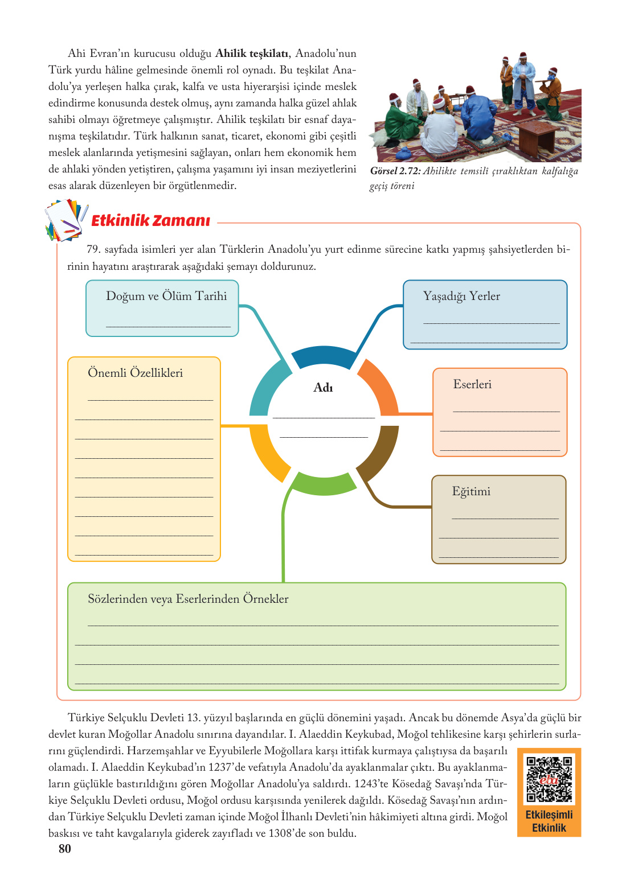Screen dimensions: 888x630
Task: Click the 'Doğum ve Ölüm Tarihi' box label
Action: tap(166, 296)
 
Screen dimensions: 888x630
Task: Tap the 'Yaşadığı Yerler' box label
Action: tap(461, 296)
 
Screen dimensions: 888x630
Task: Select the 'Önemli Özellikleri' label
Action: tap(135, 373)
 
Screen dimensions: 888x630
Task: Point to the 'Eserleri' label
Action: tap(472, 384)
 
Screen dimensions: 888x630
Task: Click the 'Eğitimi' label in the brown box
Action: tap(471, 491)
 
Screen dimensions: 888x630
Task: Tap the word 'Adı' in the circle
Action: tap(323, 388)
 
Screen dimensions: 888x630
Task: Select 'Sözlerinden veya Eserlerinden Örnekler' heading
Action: tap(188, 599)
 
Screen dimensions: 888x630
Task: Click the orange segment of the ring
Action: tap(381, 385)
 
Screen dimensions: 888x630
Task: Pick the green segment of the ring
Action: tap(324, 484)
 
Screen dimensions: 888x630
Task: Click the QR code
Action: tap(549, 779)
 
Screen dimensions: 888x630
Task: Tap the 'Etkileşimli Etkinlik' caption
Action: tap(549, 821)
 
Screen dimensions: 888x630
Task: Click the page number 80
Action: tap(65, 849)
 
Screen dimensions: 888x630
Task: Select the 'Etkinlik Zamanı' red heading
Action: tap(151, 221)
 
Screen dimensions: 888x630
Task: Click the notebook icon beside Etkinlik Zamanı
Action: tap(66, 220)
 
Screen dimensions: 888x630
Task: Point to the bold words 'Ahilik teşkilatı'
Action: tap(253, 54)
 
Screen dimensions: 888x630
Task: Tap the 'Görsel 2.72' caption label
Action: tap(395, 171)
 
